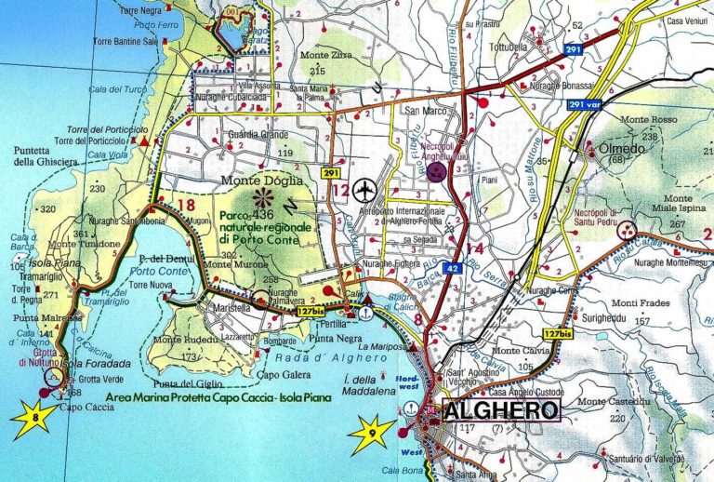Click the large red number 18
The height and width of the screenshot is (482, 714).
click(185, 206)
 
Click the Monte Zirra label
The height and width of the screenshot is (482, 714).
click(322, 56)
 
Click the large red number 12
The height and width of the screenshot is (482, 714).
click(339, 192)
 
